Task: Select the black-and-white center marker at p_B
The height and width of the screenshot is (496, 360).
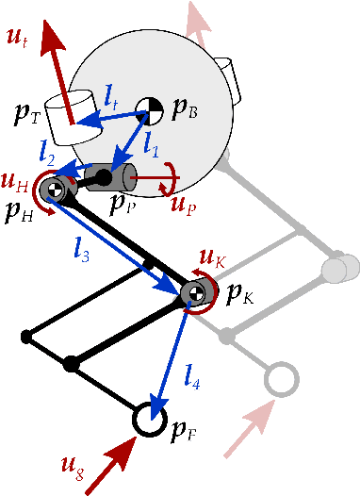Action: point(149,109)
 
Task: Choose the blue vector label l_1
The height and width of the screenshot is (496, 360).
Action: point(149,143)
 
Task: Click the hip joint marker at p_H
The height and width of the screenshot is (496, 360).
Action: point(56,188)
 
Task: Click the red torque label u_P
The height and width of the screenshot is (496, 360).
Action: point(183,207)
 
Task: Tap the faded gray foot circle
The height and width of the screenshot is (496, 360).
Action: point(280,379)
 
